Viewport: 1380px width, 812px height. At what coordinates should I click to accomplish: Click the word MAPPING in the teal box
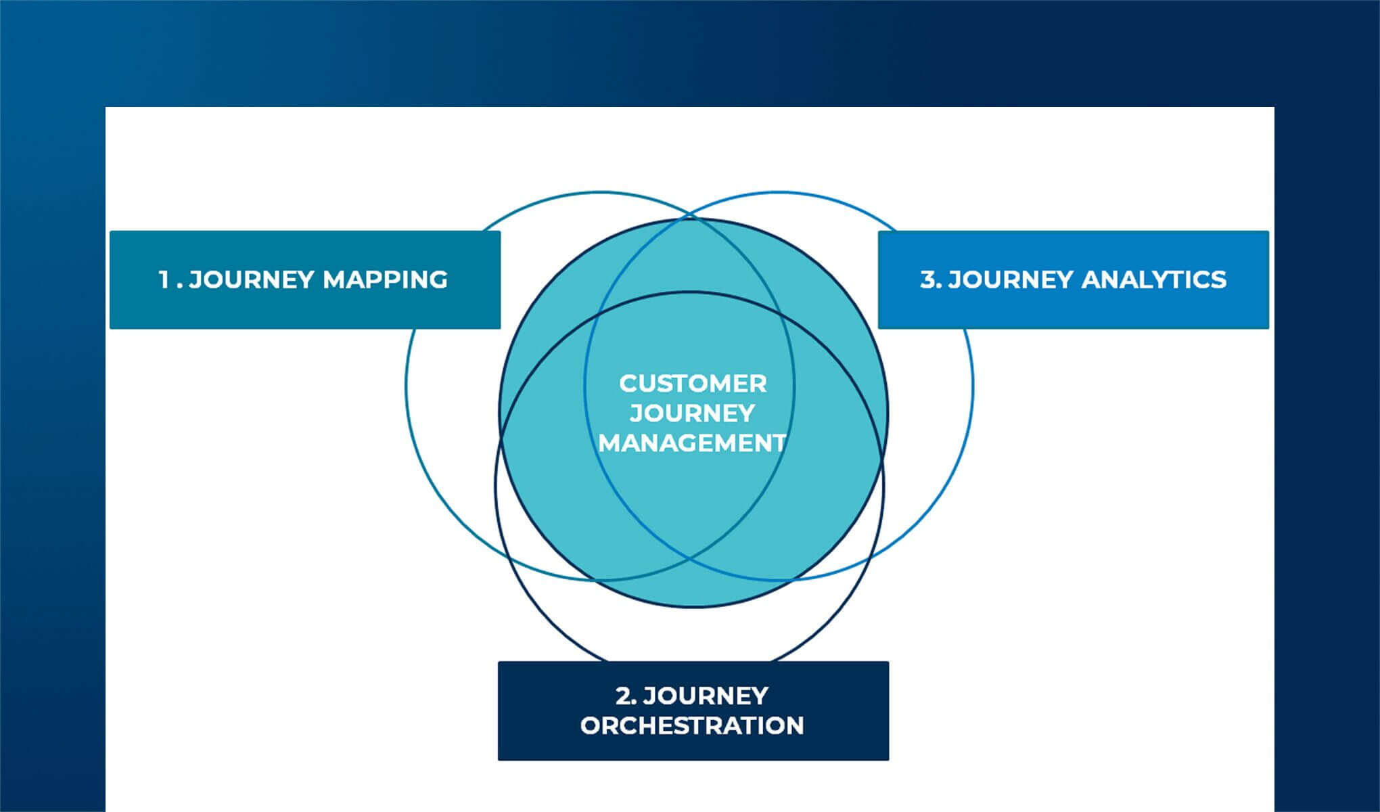coord(385,279)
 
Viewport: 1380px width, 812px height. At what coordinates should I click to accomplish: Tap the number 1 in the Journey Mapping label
coord(163,279)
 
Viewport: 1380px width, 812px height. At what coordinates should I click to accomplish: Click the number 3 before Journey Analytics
coord(927,279)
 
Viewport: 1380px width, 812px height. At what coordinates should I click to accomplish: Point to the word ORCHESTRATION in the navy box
coord(692,726)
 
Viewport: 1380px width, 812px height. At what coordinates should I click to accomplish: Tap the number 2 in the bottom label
coord(623,696)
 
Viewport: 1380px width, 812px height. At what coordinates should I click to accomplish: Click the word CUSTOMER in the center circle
coord(693,384)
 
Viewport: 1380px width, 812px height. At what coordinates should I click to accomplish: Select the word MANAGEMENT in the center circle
coord(692,443)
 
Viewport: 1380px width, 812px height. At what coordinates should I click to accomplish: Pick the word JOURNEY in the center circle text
coord(692,413)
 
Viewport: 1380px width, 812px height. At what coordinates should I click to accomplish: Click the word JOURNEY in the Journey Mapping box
coord(252,279)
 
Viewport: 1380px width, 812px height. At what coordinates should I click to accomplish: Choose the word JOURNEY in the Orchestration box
coord(706,696)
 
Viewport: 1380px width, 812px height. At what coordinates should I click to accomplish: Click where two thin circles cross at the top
coord(690,217)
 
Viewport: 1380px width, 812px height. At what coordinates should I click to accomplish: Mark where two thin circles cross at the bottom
coord(690,559)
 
